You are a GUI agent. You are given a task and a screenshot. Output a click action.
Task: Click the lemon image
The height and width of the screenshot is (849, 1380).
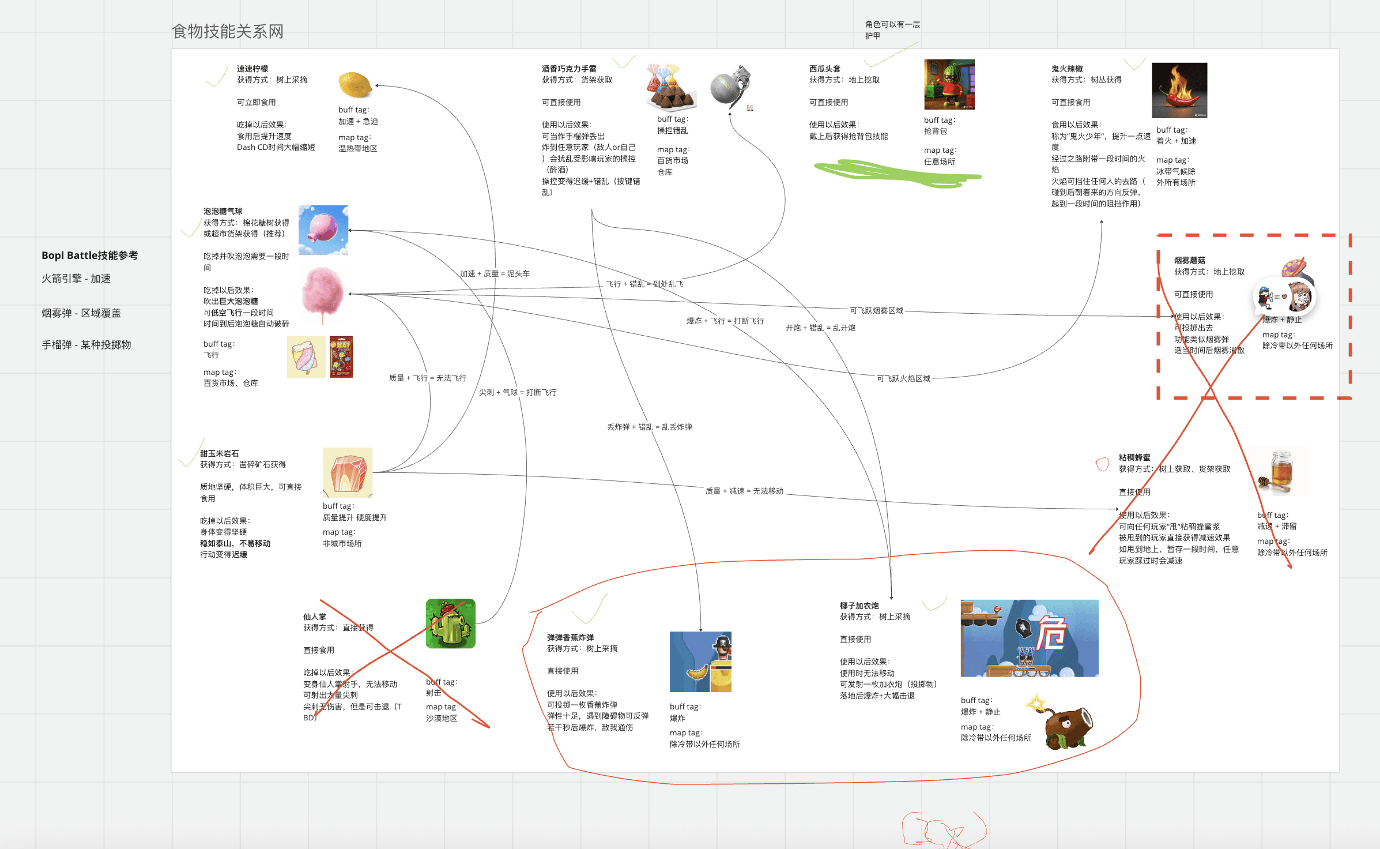[x=355, y=85]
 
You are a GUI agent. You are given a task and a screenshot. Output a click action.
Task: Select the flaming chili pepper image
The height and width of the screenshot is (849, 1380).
[x=1179, y=91]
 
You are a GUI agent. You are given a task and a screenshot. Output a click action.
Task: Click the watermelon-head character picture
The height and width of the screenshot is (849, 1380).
[x=949, y=84]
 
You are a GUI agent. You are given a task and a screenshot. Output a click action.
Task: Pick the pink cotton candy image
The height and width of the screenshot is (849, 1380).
[x=322, y=293]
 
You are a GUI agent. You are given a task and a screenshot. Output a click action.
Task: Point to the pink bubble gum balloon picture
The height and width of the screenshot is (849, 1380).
[x=323, y=230]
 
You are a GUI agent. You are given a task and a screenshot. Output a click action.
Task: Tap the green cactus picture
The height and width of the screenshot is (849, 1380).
[x=450, y=623]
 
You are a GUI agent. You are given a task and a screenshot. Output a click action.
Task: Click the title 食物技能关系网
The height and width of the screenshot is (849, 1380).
[x=228, y=31]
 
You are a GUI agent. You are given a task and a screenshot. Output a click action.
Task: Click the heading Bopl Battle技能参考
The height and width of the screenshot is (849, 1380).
[x=89, y=256]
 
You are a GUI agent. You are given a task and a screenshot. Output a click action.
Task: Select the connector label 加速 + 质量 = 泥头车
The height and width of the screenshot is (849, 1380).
[x=494, y=273]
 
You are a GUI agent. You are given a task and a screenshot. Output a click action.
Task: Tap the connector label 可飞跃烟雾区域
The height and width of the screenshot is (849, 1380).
[x=876, y=310]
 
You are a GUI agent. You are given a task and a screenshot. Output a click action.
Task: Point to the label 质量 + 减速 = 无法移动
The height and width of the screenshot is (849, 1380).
[x=744, y=491]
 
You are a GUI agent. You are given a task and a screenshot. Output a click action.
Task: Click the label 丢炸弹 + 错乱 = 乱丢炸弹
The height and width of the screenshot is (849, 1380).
[x=649, y=427]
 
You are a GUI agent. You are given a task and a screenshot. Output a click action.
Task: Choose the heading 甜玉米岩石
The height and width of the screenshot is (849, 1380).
[x=219, y=453]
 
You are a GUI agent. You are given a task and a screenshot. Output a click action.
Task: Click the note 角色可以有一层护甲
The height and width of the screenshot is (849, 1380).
[x=892, y=30]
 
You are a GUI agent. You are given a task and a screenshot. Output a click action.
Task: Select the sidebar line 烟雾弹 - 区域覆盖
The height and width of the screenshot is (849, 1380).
[x=81, y=313]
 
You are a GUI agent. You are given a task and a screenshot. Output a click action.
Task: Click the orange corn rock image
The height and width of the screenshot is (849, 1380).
[x=347, y=472]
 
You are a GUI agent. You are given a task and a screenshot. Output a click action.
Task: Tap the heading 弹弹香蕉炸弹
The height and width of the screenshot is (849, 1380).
[x=570, y=637]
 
